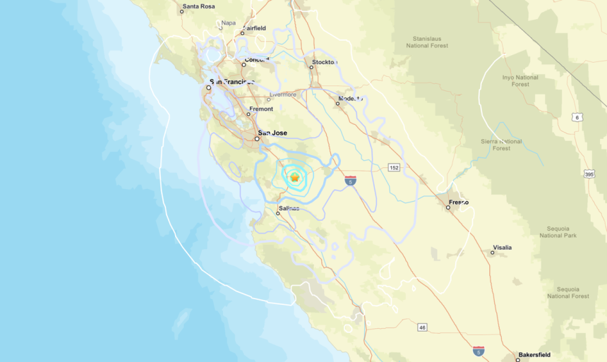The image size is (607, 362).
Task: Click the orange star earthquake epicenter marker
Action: [x=294, y=178]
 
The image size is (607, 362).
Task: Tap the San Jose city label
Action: [x=272, y=133]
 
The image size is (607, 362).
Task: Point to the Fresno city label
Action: [x=458, y=203]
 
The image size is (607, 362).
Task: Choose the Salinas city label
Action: [x=289, y=208]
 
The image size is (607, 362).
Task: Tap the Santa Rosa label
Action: [x=198, y=7]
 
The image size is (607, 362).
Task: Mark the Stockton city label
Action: [x=324, y=62]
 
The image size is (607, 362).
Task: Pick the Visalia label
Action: [x=503, y=248]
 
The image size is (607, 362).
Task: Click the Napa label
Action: [x=228, y=23]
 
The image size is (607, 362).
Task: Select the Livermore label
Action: [x=282, y=95]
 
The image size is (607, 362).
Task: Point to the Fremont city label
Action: [x=261, y=109]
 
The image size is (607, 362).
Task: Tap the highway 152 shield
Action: [x=395, y=167]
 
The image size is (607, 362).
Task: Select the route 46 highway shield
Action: [x=422, y=327]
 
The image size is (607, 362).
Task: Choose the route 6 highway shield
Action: [x=578, y=117]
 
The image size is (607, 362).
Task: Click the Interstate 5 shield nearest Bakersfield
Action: [x=479, y=351]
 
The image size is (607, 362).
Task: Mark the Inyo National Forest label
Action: [x=521, y=81]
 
